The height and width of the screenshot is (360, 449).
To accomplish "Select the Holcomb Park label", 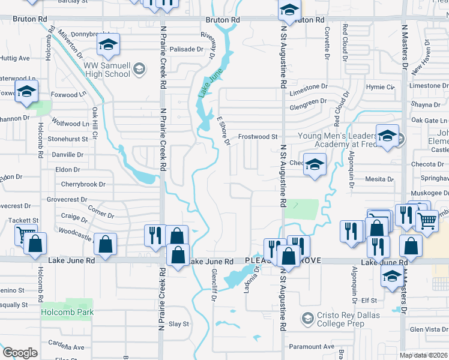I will pyautogui.click(x=67, y=313).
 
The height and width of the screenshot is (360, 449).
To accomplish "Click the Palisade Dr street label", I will pyautogui.click(x=185, y=49).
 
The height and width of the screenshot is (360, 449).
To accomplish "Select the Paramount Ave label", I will pyautogui.click(x=311, y=347).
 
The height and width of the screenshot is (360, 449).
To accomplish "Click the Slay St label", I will pyautogui.click(x=179, y=324).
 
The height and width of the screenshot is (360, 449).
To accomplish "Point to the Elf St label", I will pyautogui.click(x=369, y=300).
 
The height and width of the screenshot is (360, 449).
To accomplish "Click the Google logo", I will pyautogui.click(x=20, y=353).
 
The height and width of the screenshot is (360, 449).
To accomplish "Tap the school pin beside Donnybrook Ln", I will pyautogui.click(x=108, y=44).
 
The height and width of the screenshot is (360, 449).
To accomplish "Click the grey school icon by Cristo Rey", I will pyautogui.click(x=307, y=316).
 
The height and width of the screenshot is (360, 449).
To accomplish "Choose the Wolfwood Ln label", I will pyautogui.click(x=71, y=124).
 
